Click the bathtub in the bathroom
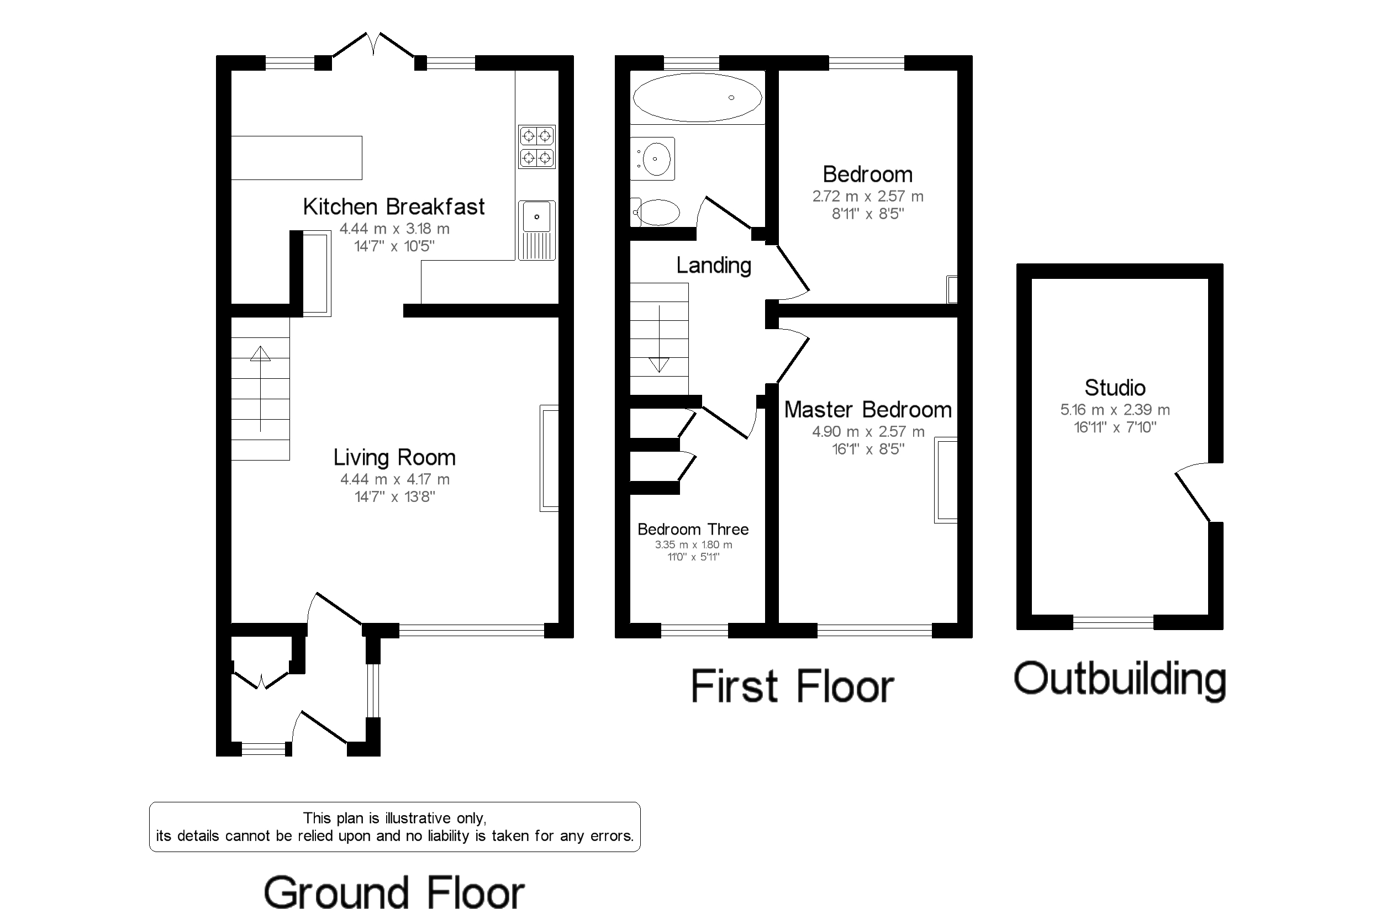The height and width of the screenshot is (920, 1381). click(697, 97)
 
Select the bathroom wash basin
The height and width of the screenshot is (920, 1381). click(652, 158)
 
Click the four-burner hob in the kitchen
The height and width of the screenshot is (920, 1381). click(537, 147)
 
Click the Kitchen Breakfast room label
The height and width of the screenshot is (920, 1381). click(394, 207)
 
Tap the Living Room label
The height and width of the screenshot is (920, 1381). click(394, 457)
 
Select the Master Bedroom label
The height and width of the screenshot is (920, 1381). click(868, 410)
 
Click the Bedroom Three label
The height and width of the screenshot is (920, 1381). click(693, 529)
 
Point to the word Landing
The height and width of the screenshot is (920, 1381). click(714, 265)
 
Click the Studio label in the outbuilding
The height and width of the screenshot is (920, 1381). click(1115, 388)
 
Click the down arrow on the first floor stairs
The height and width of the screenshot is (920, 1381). click(659, 339)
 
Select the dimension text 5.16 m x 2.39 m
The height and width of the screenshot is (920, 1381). click(1115, 410)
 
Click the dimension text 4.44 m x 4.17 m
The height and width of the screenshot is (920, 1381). click(395, 479)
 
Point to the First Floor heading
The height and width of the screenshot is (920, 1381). click(792, 686)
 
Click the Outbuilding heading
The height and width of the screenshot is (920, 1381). click(1120, 679)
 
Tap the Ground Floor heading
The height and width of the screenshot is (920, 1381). click(394, 892)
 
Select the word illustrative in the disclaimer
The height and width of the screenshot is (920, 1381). click(419, 818)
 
